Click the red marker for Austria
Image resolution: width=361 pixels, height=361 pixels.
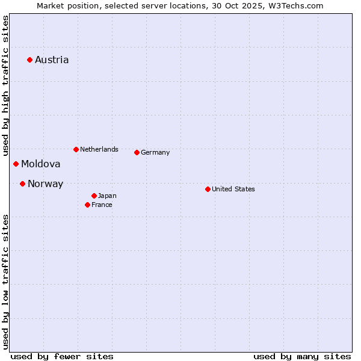pyautogui.click(x=29, y=60)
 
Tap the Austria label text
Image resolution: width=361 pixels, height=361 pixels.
pyautogui.click(x=52, y=60)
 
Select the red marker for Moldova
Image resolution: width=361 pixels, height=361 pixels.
pyautogui.click(x=16, y=164)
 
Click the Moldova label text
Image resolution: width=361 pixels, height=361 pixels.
pyautogui.click(x=41, y=164)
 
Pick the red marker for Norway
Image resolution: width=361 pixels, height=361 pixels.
pyautogui.click(x=22, y=184)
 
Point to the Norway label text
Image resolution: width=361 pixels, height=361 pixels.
pyautogui.click(x=45, y=184)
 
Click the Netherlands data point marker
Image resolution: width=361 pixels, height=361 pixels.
pyautogui.click(x=76, y=149)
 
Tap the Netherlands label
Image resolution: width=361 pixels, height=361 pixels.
pyautogui.click(x=99, y=149)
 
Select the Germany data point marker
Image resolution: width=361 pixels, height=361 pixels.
pyautogui.click(x=137, y=152)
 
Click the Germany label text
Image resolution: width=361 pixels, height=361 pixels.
pyautogui.click(x=155, y=152)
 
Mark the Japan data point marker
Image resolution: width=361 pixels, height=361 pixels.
pyautogui.click(x=94, y=196)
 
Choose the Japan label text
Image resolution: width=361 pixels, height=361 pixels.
pyautogui.click(x=107, y=196)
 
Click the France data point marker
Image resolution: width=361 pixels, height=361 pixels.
pyautogui.click(x=87, y=205)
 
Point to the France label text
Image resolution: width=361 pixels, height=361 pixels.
pyautogui.click(x=102, y=205)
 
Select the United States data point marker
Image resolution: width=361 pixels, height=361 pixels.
pyautogui.click(x=208, y=189)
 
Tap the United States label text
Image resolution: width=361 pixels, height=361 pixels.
pyautogui.click(x=233, y=189)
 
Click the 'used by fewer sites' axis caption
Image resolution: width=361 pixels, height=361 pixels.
pyautogui.click(x=62, y=356)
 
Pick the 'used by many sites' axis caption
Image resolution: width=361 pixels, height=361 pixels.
pyautogui.click(x=302, y=356)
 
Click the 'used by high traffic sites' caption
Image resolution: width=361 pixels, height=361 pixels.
pyautogui.click(x=5, y=84)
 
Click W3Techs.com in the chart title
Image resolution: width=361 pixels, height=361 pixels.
pyautogui.click(x=296, y=5)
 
